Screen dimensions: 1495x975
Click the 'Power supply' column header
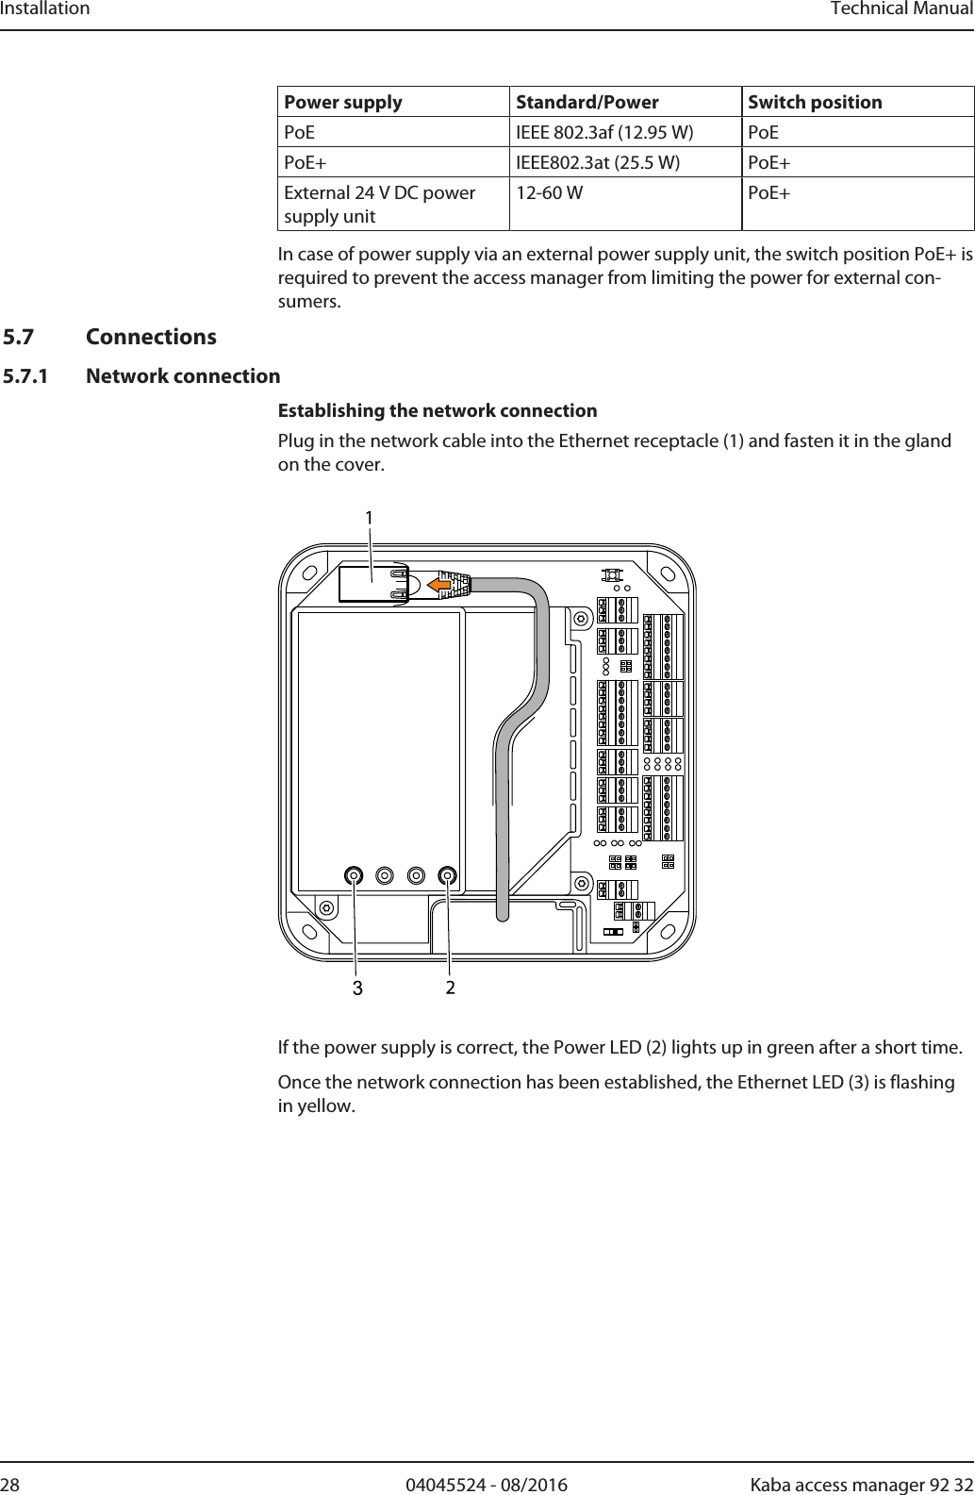pos(343,102)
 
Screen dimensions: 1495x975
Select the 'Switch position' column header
pos(815,102)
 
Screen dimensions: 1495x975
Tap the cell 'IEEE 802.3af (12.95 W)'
pos(604,132)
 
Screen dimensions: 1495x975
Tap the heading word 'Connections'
pos(151,337)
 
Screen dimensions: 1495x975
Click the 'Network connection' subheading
pos(183,376)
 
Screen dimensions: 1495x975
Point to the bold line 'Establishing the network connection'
pos(438,410)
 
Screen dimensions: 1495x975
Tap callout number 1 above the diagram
pos(370,518)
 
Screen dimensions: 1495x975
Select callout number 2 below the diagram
pos(451,988)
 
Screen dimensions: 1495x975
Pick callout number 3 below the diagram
pos(356,988)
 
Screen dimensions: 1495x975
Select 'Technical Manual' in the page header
pos(901,9)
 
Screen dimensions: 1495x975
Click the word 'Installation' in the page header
pos(45,9)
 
